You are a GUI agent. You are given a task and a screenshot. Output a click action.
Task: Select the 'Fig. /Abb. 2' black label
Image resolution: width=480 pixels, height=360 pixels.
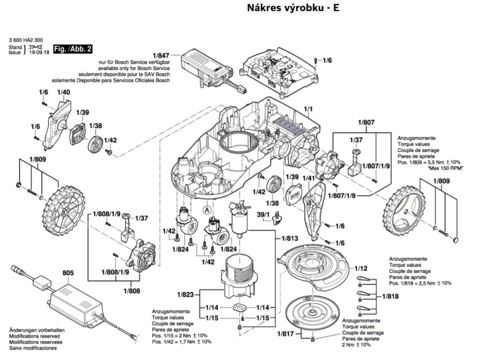[73, 49]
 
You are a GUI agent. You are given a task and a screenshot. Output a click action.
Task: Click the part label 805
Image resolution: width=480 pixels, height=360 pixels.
[68, 272]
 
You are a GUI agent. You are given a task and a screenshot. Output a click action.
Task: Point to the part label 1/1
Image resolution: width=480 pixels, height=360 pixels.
[308, 110]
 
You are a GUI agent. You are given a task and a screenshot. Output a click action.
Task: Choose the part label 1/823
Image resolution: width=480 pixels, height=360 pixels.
[186, 295]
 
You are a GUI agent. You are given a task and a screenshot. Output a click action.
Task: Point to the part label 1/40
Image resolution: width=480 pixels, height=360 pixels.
[63, 92]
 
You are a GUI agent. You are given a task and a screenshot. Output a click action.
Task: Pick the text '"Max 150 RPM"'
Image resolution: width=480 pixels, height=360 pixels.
[443, 168]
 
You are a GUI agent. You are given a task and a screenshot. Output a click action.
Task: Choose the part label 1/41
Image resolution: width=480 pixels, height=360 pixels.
[308, 178]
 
